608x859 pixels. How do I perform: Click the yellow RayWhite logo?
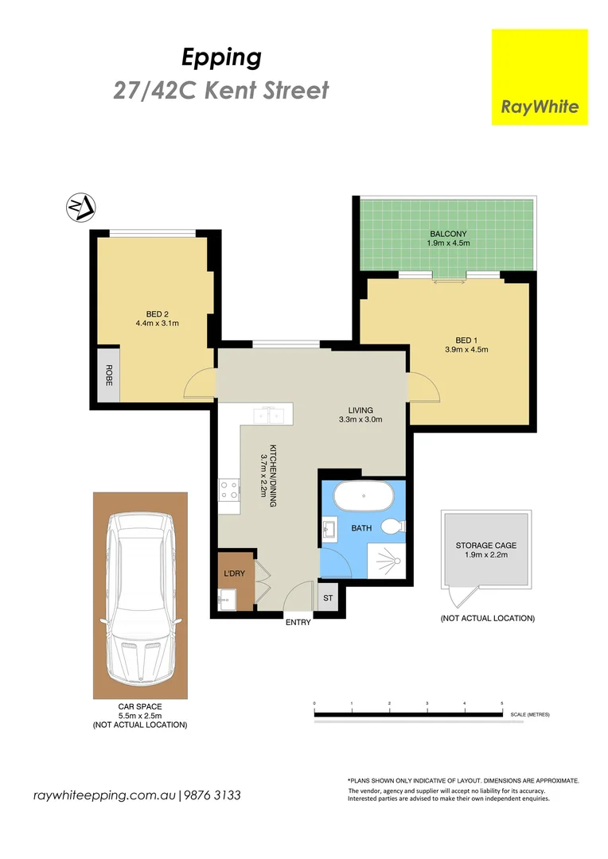540,77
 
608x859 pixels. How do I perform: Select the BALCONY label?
447,234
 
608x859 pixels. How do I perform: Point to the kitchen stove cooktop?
229,490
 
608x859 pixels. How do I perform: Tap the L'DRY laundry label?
233,573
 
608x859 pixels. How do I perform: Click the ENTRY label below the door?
298,623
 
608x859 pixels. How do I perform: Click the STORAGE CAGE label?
485,546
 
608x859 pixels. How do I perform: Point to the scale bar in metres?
409,713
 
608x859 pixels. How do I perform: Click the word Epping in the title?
221,57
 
